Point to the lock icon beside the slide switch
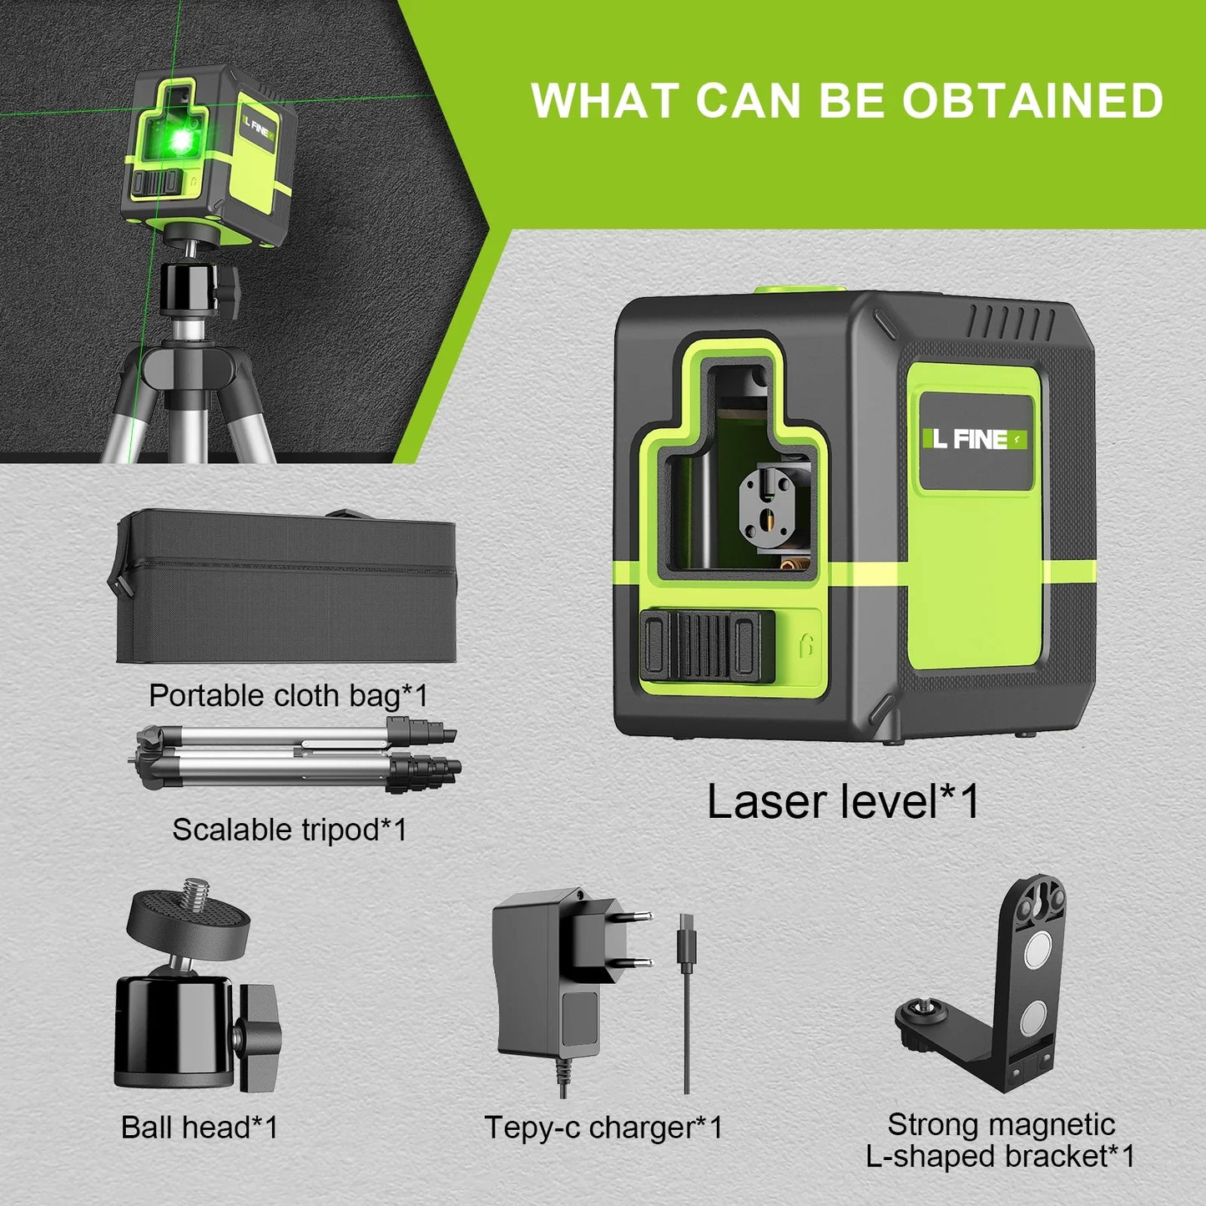[805, 647]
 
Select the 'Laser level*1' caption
[843, 801]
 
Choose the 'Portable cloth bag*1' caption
[288, 695]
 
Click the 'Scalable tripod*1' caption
[290, 830]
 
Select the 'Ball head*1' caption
[199, 1128]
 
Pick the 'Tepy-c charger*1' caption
[603, 1128]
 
